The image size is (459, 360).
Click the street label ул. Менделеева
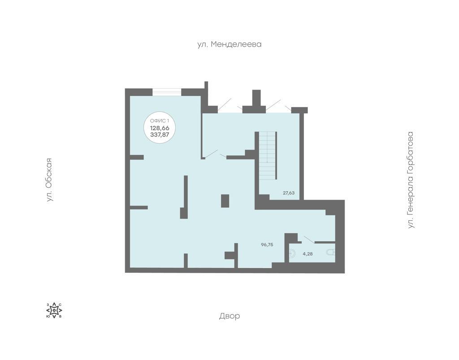[x=229, y=44]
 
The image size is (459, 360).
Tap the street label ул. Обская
[x=49, y=180]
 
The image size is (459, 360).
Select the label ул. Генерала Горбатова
[x=411, y=180]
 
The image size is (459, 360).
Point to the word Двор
[x=229, y=316]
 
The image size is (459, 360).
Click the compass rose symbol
[x=54, y=310]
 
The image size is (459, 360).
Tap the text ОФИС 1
[x=160, y=121]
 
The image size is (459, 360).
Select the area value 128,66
[x=160, y=128]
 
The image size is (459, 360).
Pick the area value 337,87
[x=160, y=134]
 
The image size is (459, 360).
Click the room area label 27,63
[x=289, y=193]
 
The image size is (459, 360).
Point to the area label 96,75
[x=267, y=244]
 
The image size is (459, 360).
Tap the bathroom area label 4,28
[x=307, y=254]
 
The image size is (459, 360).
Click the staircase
[x=267, y=155]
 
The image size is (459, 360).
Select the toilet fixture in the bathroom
[x=331, y=253]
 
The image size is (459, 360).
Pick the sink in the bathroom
[x=292, y=253]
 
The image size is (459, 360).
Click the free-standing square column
[x=225, y=201]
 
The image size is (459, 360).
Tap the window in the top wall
[x=167, y=92]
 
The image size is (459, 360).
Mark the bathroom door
[x=309, y=239]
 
